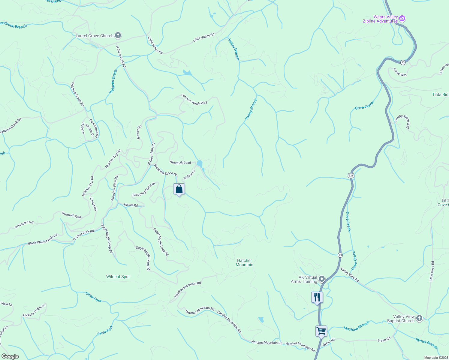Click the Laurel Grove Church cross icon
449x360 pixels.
click(x=118, y=36)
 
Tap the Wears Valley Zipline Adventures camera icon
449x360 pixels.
click(x=402, y=19)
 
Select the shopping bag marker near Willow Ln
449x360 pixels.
click(x=179, y=189)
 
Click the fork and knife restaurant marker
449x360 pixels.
click(x=317, y=297)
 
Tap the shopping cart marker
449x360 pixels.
click(x=321, y=331)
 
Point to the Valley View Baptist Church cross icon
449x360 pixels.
click(x=419, y=318)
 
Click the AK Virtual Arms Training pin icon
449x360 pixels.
click(x=322, y=279)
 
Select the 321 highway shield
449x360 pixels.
click(x=351, y=175)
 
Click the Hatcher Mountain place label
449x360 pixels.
click(x=244, y=262)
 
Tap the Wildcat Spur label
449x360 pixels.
click(x=118, y=277)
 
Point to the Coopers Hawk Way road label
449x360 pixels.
click(x=194, y=99)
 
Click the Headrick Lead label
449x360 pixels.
click(x=180, y=162)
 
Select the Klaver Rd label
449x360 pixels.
click(x=131, y=205)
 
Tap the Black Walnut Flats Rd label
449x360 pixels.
click(x=43, y=240)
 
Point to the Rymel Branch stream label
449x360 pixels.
click(x=426, y=343)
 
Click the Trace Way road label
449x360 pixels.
click(x=400, y=72)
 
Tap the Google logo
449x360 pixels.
click(x=10, y=356)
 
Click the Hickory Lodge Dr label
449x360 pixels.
click(x=34, y=310)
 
